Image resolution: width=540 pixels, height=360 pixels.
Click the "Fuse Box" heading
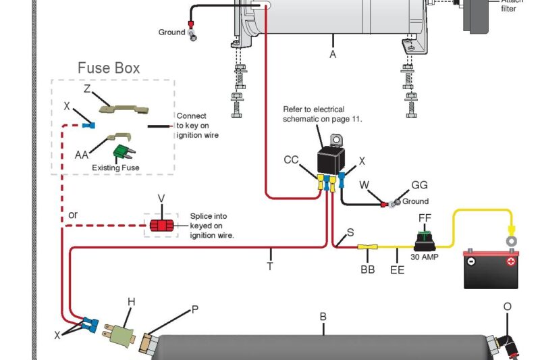click(x=109, y=68)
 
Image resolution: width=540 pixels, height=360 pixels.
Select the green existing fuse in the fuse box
click(x=122, y=151)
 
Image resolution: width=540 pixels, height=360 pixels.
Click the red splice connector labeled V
click(x=161, y=225)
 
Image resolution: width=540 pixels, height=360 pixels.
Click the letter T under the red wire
click(x=270, y=266)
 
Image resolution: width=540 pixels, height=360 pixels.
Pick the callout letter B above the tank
click(x=323, y=316)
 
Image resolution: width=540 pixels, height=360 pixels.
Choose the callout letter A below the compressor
click(x=333, y=55)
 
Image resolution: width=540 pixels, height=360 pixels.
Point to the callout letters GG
click(x=419, y=185)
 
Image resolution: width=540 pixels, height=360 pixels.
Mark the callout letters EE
click(x=398, y=269)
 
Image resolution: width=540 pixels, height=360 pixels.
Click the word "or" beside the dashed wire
click(x=73, y=215)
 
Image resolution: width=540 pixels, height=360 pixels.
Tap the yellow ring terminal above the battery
click(x=512, y=239)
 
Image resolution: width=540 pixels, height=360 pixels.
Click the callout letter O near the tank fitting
click(x=508, y=306)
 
